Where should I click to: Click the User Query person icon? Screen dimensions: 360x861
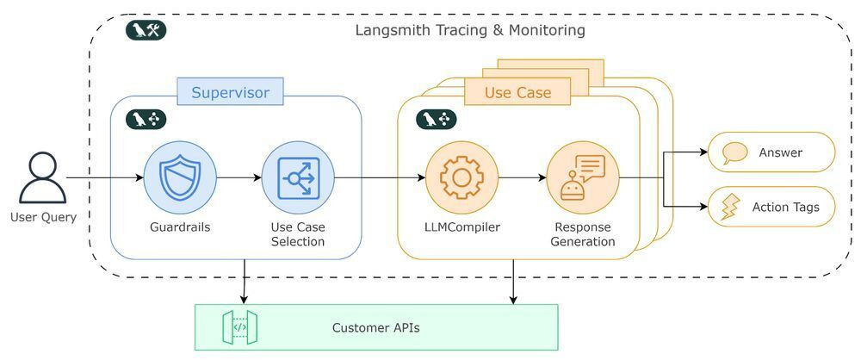tap(43, 178)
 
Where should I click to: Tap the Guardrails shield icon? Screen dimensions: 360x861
tap(180, 178)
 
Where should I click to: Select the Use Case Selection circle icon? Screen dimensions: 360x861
tap(298, 178)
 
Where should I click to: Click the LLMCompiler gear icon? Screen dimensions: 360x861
tap(461, 178)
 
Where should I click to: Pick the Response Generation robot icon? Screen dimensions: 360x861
tap(583, 178)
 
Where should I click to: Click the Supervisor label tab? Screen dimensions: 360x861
tap(230, 92)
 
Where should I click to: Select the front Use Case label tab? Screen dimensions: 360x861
tap(517, 92)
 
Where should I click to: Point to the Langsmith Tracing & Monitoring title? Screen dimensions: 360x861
tap(470, 30)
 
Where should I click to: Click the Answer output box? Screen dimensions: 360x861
tap(771, 152)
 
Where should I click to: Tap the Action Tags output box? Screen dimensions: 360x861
tap(771, 207)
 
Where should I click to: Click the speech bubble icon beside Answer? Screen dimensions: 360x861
tap(734, 153)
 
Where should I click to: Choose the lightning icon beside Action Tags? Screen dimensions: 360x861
tap(730, 208)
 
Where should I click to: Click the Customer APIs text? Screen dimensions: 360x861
tap(375, 327)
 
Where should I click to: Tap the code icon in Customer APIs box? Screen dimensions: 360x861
tap(240, 327)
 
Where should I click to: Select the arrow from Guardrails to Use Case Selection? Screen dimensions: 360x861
tap(238, 178)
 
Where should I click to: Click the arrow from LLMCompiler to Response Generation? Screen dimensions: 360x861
tap(523, 178)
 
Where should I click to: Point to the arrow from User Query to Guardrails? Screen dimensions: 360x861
tap(104, 178)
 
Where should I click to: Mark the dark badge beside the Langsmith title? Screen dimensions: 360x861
tap(146, 30)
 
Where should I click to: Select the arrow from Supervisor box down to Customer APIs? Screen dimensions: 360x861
tap(245, 281)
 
